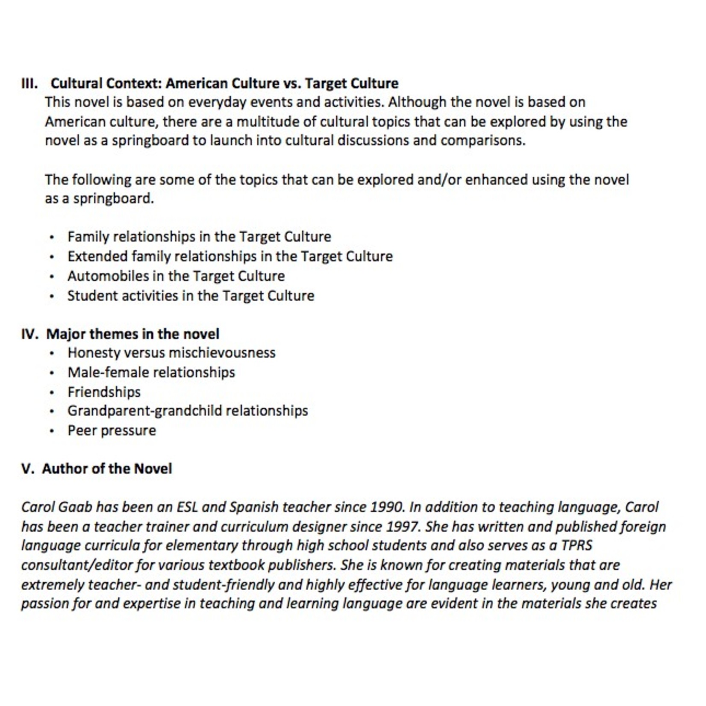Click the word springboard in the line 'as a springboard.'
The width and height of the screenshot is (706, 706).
click(113, 199)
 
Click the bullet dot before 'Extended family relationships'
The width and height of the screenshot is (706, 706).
click(52, 257)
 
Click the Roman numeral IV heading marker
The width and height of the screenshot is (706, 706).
click(29, 334)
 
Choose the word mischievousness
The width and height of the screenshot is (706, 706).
click(222, 353)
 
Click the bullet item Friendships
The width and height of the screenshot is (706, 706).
click(104, 392)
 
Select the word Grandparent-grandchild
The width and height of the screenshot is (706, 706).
click(144, 411)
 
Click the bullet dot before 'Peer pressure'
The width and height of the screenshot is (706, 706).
click(52, 431)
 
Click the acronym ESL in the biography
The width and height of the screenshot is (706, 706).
click(187, 507)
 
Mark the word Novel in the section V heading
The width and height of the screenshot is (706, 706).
click(153, 469)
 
